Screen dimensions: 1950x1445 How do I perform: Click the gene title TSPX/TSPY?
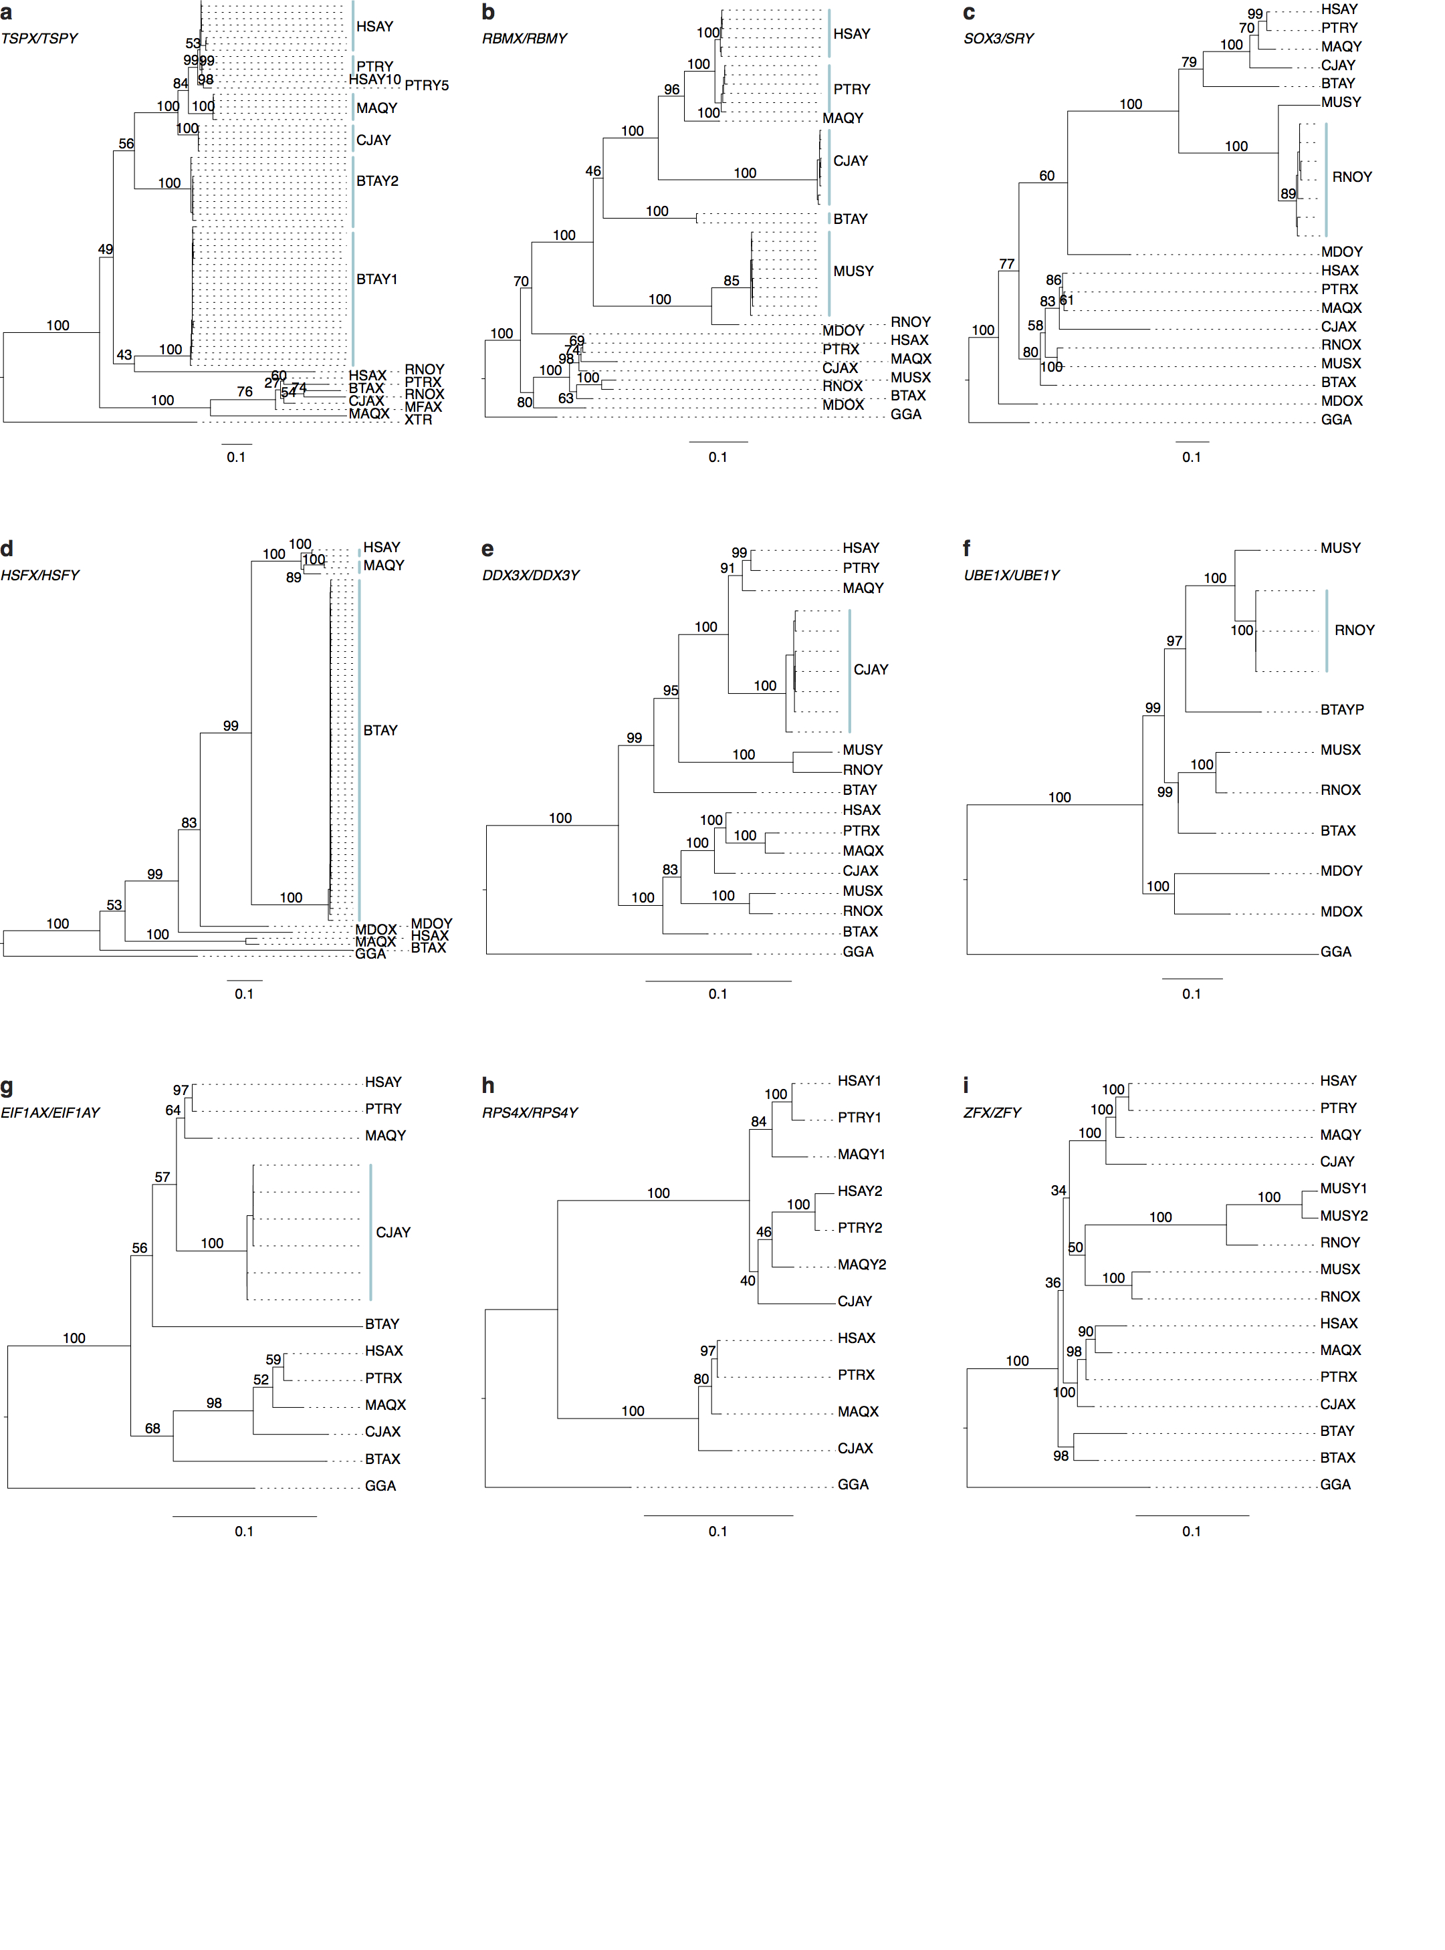click(x=39, y=39)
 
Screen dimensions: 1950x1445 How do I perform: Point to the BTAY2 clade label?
click(x=377, y=182)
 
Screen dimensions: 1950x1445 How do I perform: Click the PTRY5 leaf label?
click(x=426, y=86)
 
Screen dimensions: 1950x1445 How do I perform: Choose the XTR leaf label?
click(x=418, y=420)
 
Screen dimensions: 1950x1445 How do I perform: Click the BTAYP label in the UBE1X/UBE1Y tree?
click(x=1342, y=710)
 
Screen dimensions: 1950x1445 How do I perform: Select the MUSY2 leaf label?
click(x=1343, y=1215)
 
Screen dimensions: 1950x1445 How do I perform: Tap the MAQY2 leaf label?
click(x=861, y=1264)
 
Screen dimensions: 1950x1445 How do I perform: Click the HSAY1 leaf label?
click(x=859, y=1081)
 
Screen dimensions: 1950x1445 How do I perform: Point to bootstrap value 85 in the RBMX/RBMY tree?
click(x=732, y=281)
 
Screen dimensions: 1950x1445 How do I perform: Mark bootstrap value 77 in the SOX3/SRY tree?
click(x=1007, y=264)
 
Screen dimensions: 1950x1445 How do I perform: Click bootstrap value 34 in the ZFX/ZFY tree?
click(x=1059, y=1190)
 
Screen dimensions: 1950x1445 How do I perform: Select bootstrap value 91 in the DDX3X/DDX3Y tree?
click(x=728, y=568)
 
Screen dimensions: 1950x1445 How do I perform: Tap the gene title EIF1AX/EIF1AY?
click(x=50, y=1112)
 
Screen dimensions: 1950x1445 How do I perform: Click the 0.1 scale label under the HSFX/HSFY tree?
click(x=244, y=994)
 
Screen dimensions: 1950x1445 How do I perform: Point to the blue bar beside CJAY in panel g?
click(x=371, y=1232)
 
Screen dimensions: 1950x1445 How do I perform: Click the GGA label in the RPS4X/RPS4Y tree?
click(x=853, y=1485)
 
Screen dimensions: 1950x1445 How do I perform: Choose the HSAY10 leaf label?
click(x=374, y=80)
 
